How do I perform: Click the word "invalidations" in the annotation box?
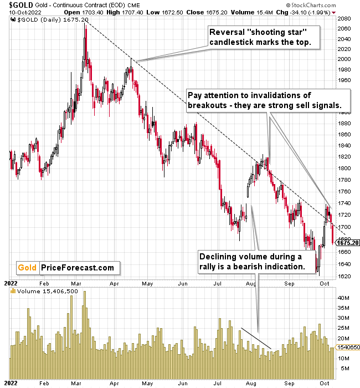265,95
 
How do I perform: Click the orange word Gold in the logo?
28,268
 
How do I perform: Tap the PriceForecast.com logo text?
78,268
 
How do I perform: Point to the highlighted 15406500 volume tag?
347,346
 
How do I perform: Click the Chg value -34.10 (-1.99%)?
304,11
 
